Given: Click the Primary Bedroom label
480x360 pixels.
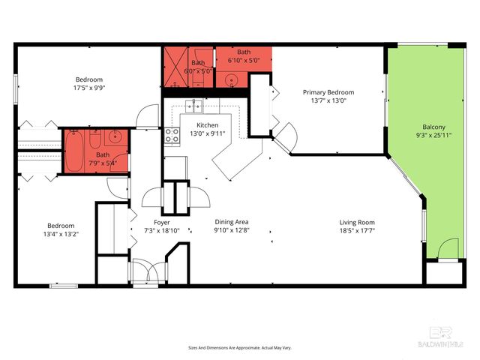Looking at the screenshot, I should click(x=328, y=92).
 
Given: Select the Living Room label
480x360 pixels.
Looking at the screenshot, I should click(x=357, y=223).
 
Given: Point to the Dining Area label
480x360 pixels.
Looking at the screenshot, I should click(x=231, y=223).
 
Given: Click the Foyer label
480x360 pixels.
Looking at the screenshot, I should click(x=161, y=223).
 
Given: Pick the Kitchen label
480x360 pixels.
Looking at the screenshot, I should click(x=207, y=125).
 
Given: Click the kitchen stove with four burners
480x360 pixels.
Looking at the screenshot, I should click(x=172, y=136).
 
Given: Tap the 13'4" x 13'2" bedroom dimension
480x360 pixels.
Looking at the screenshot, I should click(x=61, y=234).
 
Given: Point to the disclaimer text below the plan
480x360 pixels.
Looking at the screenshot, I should click(x=239, y=348).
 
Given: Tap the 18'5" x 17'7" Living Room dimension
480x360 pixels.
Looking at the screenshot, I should click(x=357, y=231).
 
